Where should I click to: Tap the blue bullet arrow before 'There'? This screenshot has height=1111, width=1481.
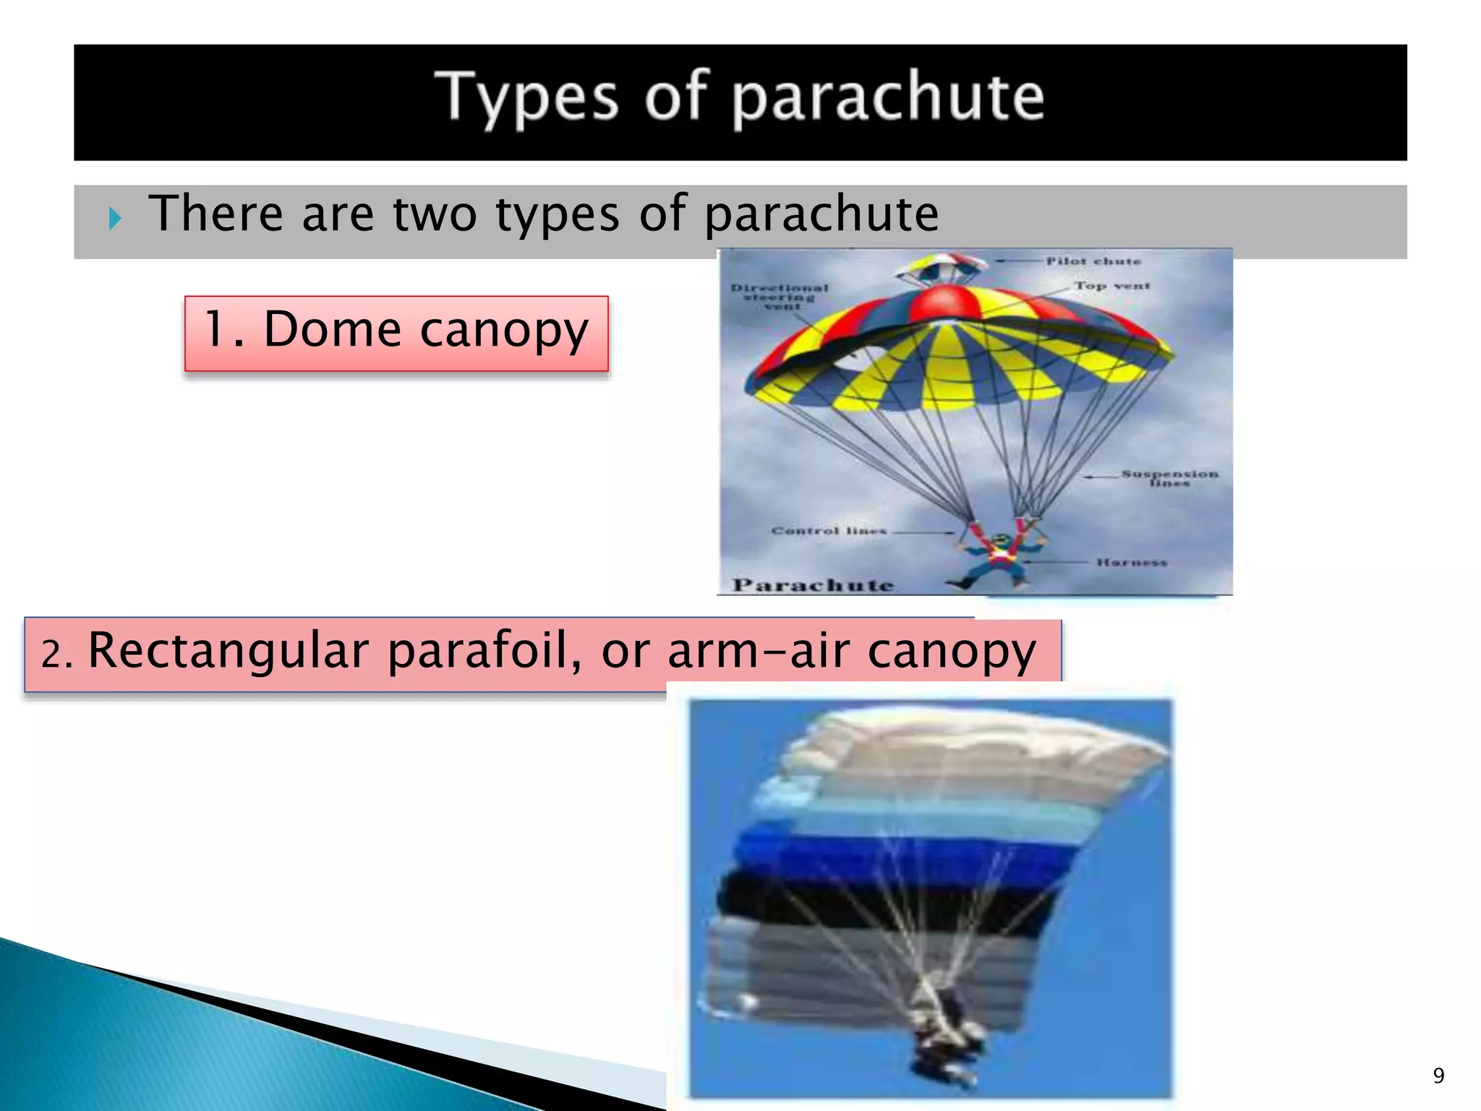(115, 218)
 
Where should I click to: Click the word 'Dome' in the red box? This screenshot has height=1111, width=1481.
(333, 330)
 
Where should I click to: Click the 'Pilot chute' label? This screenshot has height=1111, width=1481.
(1093, 261)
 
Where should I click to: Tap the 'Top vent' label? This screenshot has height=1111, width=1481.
(1111, 286)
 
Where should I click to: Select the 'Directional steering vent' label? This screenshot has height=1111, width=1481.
(780, 297)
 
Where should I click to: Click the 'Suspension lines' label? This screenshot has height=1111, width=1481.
(1169, 477)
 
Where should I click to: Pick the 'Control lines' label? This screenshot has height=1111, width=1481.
(829, 531)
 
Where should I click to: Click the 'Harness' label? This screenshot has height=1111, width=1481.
(1132, 562)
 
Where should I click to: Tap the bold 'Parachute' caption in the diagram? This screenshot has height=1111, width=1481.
(814, 584)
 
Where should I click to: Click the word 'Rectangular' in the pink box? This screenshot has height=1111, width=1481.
(229, 651)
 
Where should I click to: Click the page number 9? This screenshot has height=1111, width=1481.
(1438, 1076)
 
